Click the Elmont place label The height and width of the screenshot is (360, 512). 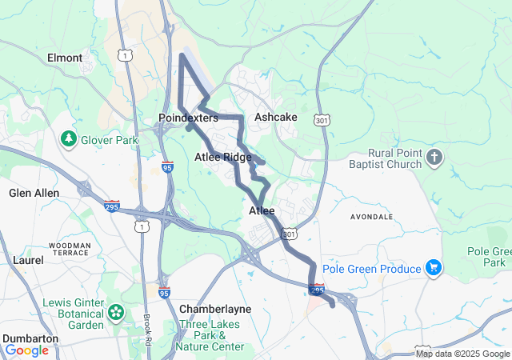[x=65, y=58]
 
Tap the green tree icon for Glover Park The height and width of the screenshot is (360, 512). [x=70, y=139]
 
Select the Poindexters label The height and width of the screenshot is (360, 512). [x=188, y=118]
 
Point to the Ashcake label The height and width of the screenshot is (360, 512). [x=275, y=117]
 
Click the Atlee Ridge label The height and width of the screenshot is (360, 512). [x=223, y=158]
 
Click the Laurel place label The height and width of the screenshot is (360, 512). [x=28, y=260]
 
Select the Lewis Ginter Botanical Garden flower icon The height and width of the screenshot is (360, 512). [x=116, y=311]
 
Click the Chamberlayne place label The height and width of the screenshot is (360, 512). [x=215, y=309]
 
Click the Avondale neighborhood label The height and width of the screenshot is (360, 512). [x=372, y=217]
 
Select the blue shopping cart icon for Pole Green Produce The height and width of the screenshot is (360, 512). [x=434, y=266]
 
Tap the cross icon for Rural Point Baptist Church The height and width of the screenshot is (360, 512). [x=434, y=156]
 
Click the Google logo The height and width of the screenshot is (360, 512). [x=26, y=350]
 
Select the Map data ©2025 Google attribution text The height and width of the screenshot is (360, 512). [x=462, y=354]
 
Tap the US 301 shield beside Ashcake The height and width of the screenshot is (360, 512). [x=322, y=120]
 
